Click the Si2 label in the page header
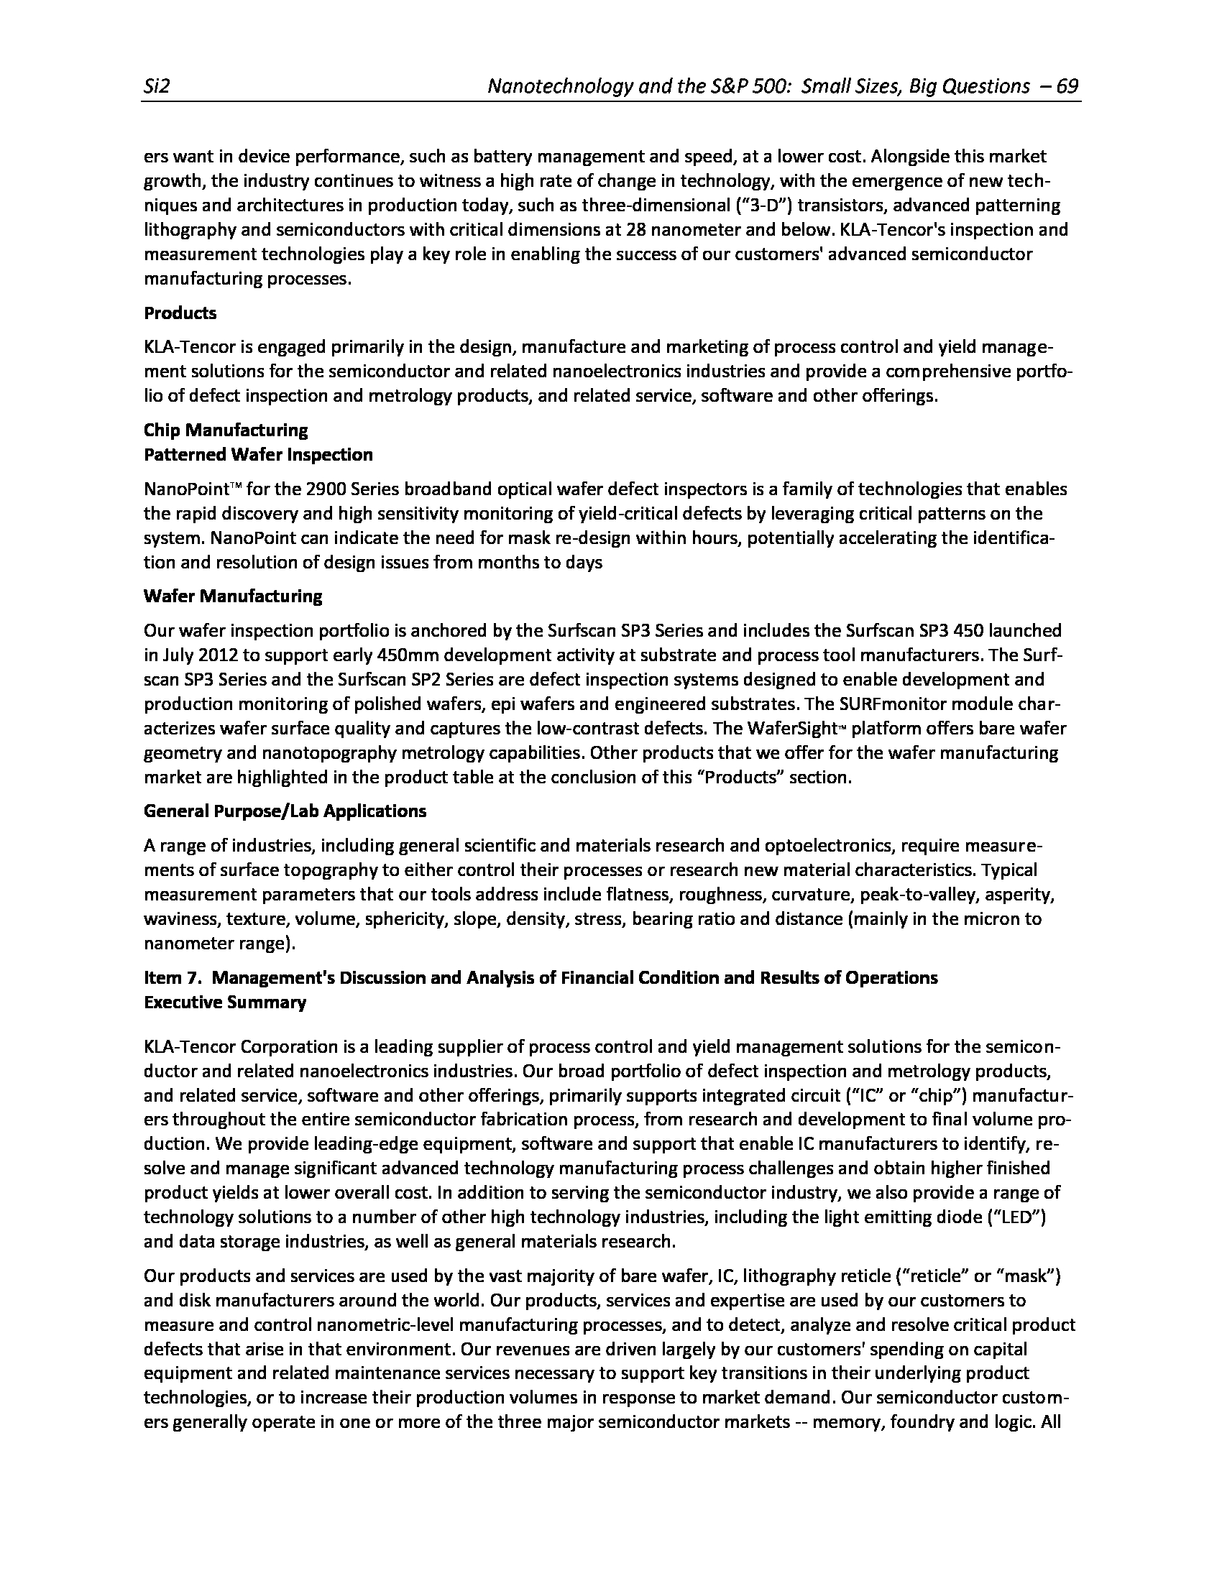click(x=157, y=87)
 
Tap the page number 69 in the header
click(x=1067, y=87)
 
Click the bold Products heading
click(x=180, y=313)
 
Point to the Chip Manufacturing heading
click(x=226, y=430)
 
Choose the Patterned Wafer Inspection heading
click(x=259, y=456)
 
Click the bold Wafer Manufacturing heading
click(x=233, y=596)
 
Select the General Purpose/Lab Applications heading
click(x=285, y=811)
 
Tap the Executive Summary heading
click(x=225, y=1002)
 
